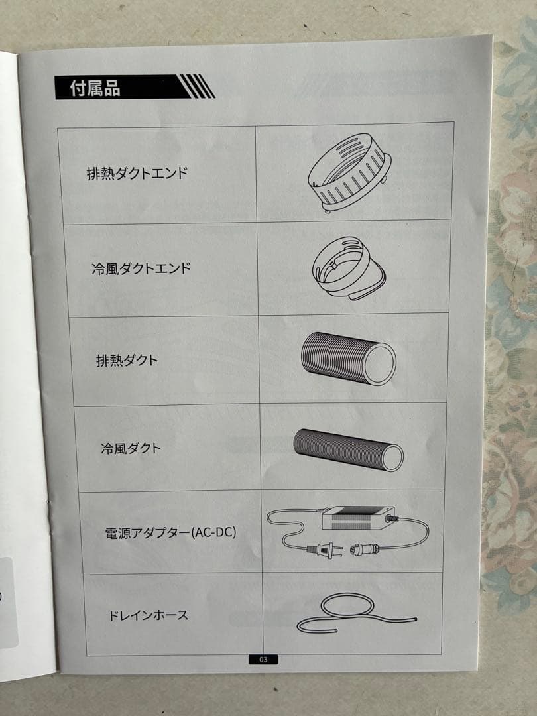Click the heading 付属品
coord(95,88)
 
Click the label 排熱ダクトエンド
coord(137,174)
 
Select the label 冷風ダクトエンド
coord(141,268)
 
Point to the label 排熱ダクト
coord(127,361)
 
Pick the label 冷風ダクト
coord(130,447)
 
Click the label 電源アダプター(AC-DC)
coord(170,532)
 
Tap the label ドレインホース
coord(148,615)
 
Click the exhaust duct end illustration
coord(349,173)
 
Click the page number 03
coord(263,659)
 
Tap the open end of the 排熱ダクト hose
coord(380,366)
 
